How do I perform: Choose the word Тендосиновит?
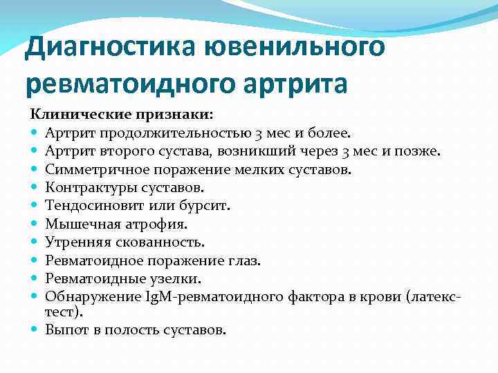(x=89, y=205)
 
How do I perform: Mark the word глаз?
(x=245, y=260)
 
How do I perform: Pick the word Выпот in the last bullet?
(x=65, y=329)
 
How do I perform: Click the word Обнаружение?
(x=83, y=297)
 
